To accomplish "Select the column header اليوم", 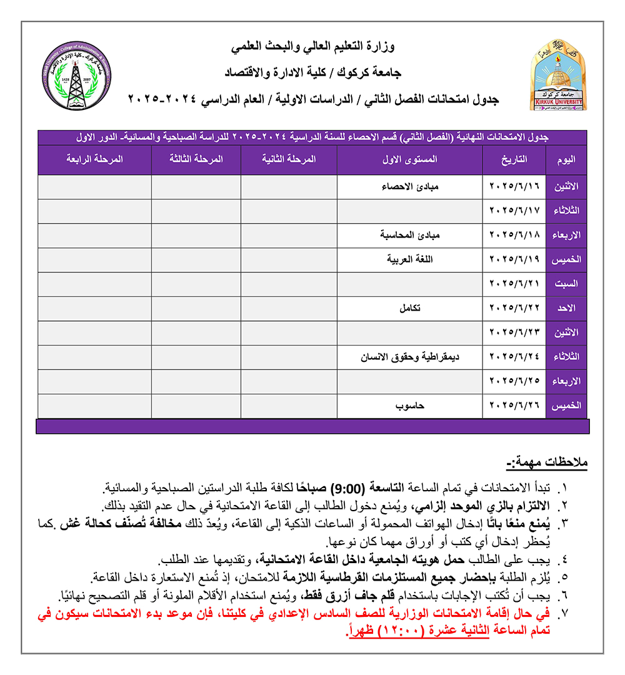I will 566,160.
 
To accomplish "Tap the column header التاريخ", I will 514,160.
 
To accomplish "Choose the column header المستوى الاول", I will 410,160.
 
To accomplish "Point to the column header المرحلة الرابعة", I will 94,160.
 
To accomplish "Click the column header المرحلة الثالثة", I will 196,160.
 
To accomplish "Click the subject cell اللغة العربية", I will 409,259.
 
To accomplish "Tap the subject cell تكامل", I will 410,308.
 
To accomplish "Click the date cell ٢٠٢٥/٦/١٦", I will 514,187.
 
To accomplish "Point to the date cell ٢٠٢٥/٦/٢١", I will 514,284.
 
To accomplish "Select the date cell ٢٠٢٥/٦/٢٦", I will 514,406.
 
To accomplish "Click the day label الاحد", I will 567,308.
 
